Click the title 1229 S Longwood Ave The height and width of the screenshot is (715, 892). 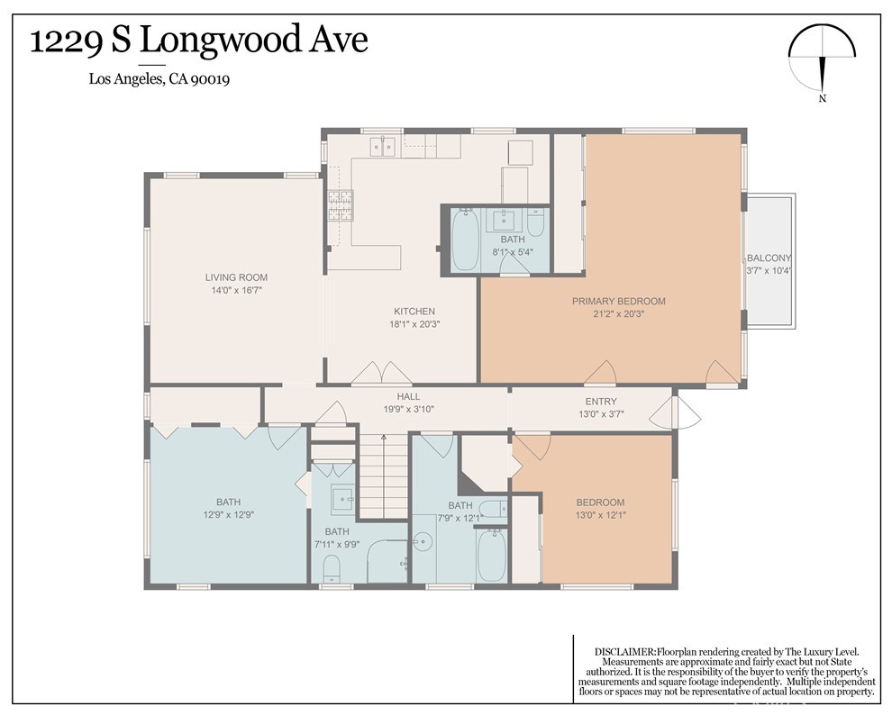click(199, 41)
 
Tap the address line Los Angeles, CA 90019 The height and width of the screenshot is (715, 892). click(159, 79)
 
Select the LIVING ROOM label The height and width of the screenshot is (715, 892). click(236, 284)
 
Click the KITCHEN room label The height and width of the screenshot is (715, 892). click(414, 317)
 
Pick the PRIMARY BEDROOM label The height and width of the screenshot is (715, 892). click(618, 307)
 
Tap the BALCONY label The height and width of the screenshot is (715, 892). click(769, 264)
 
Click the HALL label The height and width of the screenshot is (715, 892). click(409, 403)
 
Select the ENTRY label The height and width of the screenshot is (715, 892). click(600, 408)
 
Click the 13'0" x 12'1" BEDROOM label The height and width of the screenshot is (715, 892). click(600, 509)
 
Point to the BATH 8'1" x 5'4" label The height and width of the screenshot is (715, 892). click(513, 246)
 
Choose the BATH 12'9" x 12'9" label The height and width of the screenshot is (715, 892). click(228, 509)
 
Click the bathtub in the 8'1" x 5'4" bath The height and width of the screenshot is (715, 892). click(465, 239)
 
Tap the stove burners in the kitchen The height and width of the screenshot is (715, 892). click(340, 206)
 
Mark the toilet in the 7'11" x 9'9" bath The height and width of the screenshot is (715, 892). click(331, 566)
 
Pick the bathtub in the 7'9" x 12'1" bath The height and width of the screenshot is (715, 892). click(492, 556)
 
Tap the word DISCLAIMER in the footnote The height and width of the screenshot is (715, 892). click(624, 651)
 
